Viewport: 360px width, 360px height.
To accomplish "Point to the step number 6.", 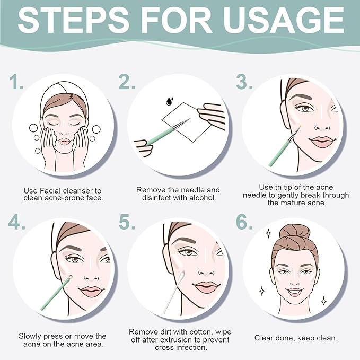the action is pyautogui.click(x=244, y=222).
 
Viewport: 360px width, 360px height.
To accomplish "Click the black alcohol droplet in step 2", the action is pyautogui.click(x=170, y=101).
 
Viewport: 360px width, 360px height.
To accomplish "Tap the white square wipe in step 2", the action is pyautogui.click(x=186, y=122).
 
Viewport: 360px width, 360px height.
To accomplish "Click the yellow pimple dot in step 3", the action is pyautogui.click(x=300, y=126).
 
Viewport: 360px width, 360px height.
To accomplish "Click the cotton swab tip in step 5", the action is pyautogui.click(x=182, y=276).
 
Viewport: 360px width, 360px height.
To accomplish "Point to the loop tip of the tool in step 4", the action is pyautogui.click(x=71, y=277).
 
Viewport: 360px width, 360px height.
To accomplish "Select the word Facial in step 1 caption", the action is pyautogui.click(x=50, y=190).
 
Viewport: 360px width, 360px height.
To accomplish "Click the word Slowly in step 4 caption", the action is pyautogui.click(x=30, y=337).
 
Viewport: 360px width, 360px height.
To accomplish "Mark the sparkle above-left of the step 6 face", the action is pyautogui.click(x=269, y=233).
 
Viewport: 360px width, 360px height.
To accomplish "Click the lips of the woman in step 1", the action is pyautogui.click(x=64, y=142).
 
